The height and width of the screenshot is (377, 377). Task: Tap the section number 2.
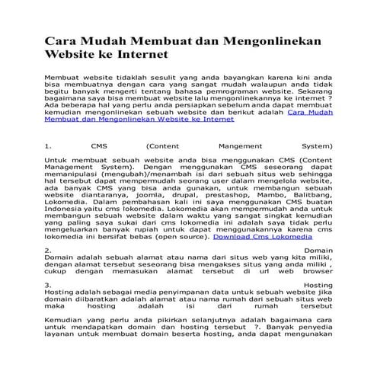pos(47,250)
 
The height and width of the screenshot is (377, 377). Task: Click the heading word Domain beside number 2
pos(318,250)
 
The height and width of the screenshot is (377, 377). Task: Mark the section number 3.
pos(47,286)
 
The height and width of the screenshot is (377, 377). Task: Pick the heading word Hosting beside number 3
pos(317,286)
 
